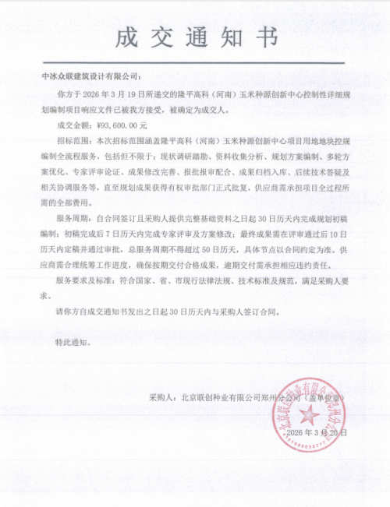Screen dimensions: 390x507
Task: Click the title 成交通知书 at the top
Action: click(195, 35)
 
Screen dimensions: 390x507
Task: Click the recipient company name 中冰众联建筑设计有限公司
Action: click(89, 77)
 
